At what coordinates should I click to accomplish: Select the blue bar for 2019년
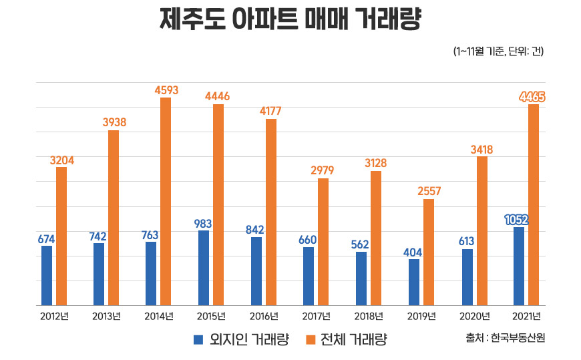point(414,282)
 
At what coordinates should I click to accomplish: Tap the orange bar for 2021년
point(533,204)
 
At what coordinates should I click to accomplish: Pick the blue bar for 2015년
point(204,268)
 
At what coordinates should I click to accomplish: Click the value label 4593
point(166,89)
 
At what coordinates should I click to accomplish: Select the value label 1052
point(518,220)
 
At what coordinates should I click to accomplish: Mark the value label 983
point(203,223)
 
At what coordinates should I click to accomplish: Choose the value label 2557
point(428,191)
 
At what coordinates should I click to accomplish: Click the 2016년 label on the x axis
point(264,316)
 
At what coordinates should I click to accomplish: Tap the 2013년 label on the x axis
point(106,316)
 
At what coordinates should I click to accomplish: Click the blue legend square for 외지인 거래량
point(198,339)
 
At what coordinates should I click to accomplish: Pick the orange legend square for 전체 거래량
point(309,339)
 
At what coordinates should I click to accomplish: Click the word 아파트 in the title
point(260,19)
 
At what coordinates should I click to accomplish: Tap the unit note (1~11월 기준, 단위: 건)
point(498,51)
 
